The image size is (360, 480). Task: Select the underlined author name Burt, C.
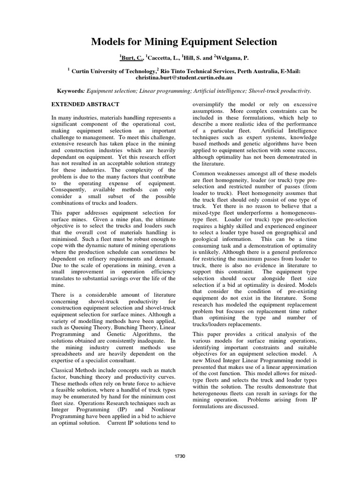131,57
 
